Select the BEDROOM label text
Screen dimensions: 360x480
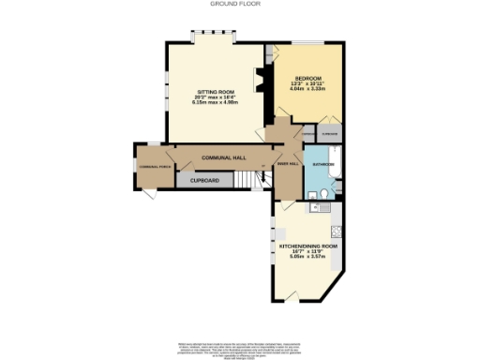coord(308,77)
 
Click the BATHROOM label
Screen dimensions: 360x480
coord(323,164)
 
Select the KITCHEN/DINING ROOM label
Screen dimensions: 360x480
coord(308,247)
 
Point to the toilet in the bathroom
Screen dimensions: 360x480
coord(322,194)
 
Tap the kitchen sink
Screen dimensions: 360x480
coord(321,210)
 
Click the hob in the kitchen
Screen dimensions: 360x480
coord(340,231)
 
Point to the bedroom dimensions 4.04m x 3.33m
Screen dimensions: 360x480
coord(308,88)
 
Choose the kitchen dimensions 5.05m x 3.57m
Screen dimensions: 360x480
coord(308,258)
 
